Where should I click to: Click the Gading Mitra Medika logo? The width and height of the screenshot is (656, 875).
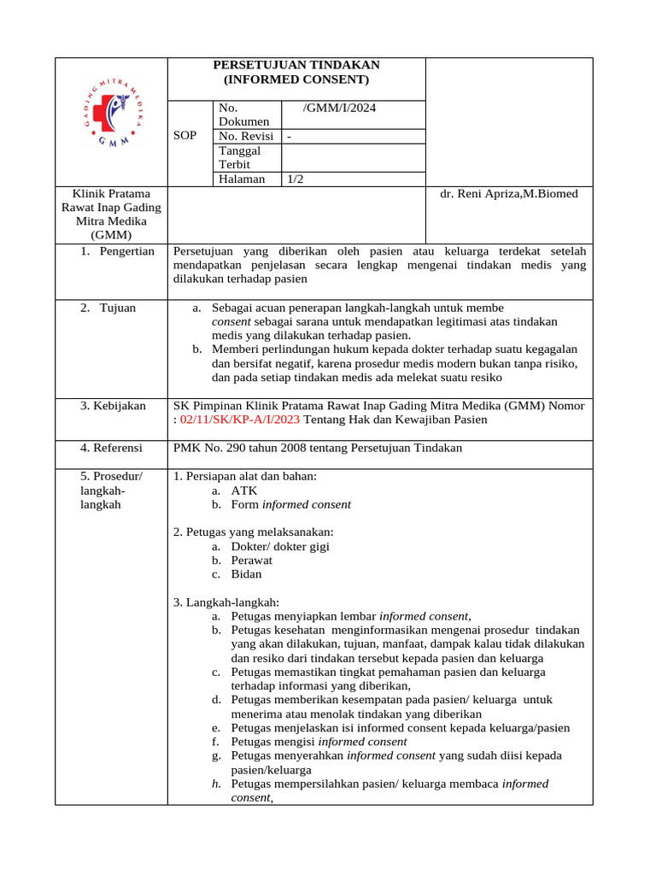tap(111, 120)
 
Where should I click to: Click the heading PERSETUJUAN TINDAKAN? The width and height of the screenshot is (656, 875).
tap(296, 65)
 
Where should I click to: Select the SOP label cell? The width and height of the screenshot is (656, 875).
tap(184, 136)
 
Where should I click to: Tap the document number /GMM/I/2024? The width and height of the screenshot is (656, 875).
tap(338, 108)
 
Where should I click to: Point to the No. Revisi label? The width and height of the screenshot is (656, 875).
tap(246, 136)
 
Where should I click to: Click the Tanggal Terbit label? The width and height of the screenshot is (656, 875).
tap(240, 157)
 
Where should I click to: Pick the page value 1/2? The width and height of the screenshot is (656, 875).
tap(296, 179)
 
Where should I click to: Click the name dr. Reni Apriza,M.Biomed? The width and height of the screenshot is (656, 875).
tap(508, 194)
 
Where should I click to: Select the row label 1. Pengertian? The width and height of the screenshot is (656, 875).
tap(118, 251)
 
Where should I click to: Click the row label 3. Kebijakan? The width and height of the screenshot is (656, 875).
tap(113, 406)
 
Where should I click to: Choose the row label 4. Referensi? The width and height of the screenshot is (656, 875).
tap(112, 448)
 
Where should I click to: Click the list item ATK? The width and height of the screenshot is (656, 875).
tap(243, 490)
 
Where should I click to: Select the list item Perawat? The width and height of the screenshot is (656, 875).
tap(251, 560)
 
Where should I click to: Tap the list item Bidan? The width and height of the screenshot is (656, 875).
tap(246, 574)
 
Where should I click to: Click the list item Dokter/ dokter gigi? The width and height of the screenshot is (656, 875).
tap(279, 546)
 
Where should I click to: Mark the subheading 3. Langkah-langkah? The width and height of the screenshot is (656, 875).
tap(225, 602)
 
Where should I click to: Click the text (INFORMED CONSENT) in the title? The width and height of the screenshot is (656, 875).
tap(296, 79)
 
